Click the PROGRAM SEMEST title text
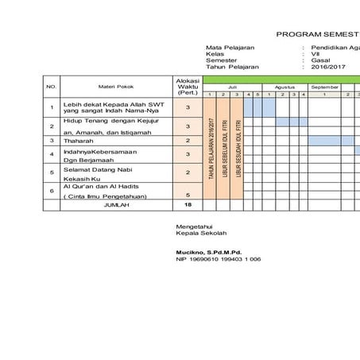pyautogui.click(x=317, y=34)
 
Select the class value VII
pyautogui.click(x=315, y=54)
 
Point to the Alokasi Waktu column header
pyautogui.click(x=187, y=86)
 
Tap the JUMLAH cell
pyautogui.click(x=116, y=204)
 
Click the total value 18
pyautogui.click(x=188, y=204)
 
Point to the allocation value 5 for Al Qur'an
pyautogui.click(x=188, y=195)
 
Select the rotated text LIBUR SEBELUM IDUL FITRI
pyautogui.click(x=225, y=148)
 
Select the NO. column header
pyautogui.click(x=52, y=86)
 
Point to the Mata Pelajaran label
pyautogui.click(x=232, y=47)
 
